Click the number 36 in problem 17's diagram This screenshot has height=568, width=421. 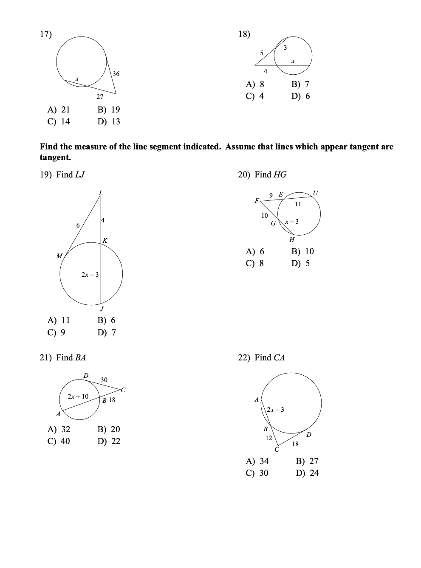[116, 74]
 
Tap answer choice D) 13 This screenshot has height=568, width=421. [109, 122]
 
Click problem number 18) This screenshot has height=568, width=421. [244, 34]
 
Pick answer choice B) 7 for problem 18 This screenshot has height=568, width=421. [300, 84]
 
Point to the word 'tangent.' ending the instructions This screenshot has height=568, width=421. [55, 157]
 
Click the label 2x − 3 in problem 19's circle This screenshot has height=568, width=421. [90, 275]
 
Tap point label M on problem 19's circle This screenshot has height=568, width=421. [59, 256]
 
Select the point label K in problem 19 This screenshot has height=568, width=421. [105, 241]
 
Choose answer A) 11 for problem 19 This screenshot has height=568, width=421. [59, 321]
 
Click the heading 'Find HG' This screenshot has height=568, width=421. [271, 174]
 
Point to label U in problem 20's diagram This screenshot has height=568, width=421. [315, 193]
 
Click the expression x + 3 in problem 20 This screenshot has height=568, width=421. [292, 222]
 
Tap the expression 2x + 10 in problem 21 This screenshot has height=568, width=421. [78, 396]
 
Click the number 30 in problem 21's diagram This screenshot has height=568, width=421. [104, 380]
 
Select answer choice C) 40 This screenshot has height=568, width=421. [59, 441]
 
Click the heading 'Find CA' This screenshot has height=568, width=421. [269, 358]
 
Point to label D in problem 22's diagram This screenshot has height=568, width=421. [309, 434]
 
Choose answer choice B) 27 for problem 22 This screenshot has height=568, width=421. [307, 461]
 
